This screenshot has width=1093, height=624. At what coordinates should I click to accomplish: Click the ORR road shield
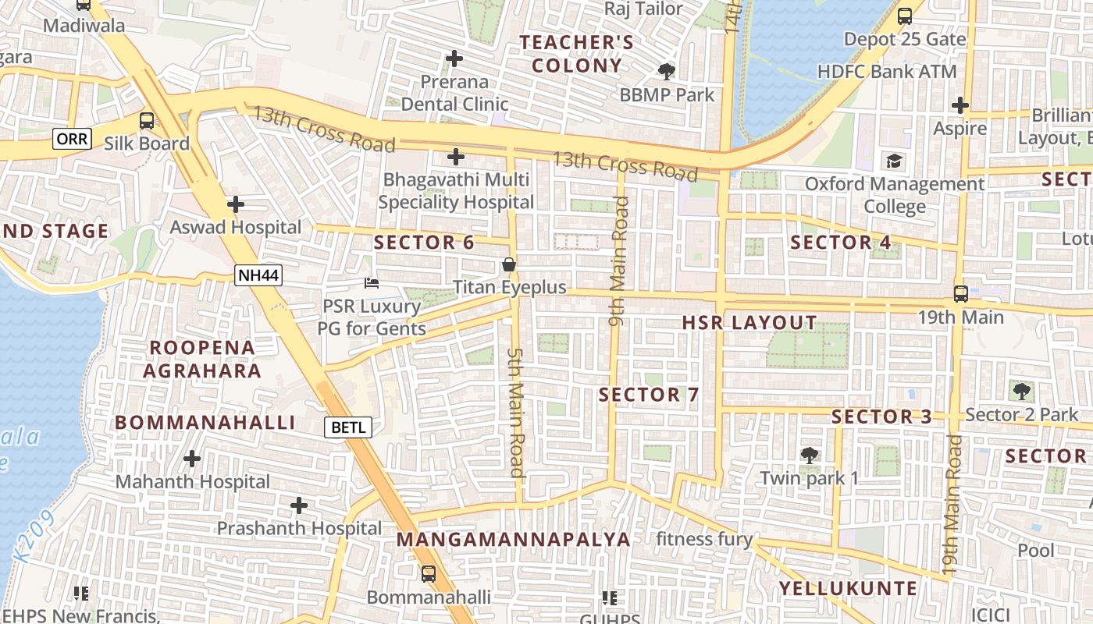point(73,140)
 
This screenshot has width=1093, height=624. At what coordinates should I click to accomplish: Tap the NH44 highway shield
point(258,275)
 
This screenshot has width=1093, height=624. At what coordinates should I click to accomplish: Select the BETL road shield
point(348,427)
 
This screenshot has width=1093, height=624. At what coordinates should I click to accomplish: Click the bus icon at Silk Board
point(146,121)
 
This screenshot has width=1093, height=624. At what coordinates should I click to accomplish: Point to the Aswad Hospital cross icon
point(235,204)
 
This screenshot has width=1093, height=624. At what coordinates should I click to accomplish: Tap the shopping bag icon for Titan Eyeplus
point(509,265)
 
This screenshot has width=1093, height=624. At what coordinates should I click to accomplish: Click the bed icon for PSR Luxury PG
point(372,283)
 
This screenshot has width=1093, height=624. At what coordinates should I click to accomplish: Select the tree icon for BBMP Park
point(666,72)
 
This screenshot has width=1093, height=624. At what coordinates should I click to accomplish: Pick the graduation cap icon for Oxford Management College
point(893,161)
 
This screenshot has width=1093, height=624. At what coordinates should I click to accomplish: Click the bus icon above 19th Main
point(960,294)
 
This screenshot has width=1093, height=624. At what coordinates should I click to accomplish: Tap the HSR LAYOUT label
point(749,323)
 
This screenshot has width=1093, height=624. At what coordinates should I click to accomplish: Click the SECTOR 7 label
point(649,395)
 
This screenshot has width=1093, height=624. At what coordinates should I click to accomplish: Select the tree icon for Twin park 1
point(809,455)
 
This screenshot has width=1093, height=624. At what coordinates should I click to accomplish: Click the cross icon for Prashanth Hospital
point(298,505)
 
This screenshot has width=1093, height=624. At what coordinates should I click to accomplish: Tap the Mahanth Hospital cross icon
point(192,459)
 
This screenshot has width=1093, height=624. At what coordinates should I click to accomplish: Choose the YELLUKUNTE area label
point(848,588)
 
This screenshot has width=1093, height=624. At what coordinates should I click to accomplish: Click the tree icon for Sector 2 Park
point(1020,391)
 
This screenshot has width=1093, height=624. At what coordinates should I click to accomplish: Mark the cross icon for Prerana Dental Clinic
point(454,58)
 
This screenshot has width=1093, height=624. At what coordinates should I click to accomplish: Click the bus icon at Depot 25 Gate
point(904,16)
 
